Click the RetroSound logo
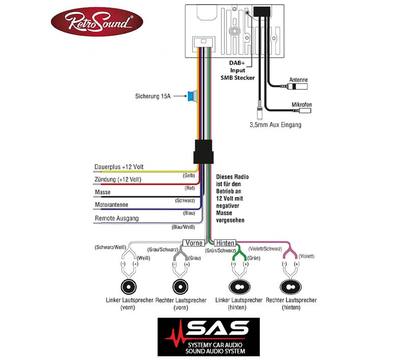tap(97, 21)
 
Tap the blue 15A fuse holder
tap(192, 96)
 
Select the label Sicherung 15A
tap(153, 96)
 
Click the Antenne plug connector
tap(296, 86)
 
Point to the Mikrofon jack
tap(304, 110)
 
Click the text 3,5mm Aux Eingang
tap(275, 125)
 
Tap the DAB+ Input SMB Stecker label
tap(237, 70)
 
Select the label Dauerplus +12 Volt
tap(119, 167)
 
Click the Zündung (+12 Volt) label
tap(118, 179)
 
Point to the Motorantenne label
tap(112, 205)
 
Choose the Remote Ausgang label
tap(117, 218)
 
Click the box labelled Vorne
tap(194, 243)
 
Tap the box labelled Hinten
tap(225, 243)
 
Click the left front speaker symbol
tap(128, 287)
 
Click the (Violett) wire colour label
tap(307, 256)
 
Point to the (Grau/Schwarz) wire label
tap(162, 250)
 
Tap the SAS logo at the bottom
tap(209, 337)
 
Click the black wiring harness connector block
tap(203, 152)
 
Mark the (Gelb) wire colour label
tap(189, 176)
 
